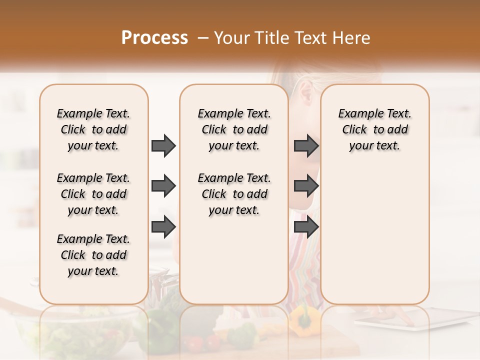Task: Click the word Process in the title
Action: click(154, 38)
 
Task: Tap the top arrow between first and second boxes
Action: click(163, 146)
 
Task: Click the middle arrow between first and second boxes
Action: click(163, 186)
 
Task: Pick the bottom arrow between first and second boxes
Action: click(163, 227)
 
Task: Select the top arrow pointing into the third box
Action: click(306, 146)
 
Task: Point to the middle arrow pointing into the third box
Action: click(306, 186)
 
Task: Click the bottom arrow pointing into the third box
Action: click(306, 227)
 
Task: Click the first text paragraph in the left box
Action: click(93, 129)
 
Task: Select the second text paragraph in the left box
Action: click(93, 194)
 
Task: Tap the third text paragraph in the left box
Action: click(93, 255)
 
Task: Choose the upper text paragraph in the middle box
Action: click(234, 129)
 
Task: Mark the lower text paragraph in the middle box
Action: click(234, 194)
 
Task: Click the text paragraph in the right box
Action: click(374, 129)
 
